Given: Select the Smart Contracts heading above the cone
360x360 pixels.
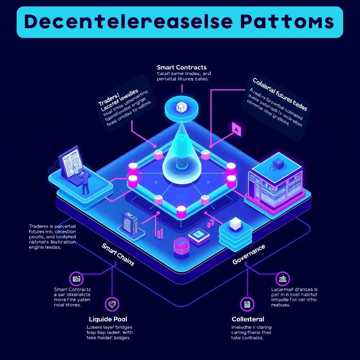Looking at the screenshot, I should pyautogui.click(x=182, y=67).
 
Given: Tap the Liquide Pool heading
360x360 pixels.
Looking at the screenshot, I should pyautogui.click(x=108, y=319).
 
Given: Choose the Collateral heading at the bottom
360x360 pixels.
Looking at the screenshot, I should pyautogui.click(x=248, y=319).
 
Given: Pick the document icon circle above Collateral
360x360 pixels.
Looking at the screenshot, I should pyautogui.click(x=247, y=304).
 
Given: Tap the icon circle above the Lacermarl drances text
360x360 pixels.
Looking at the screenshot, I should pyautogui.click(x=282, y=279).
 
